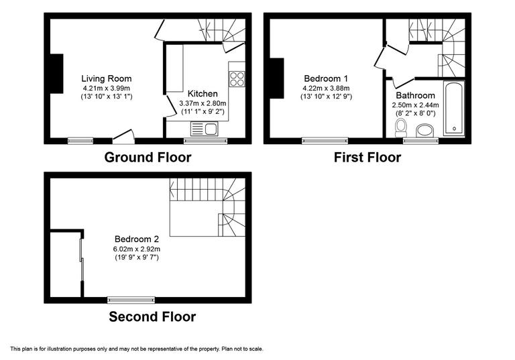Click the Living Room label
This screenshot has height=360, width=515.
(107, 78)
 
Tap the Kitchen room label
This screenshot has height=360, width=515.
(203, 93)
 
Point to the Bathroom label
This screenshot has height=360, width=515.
(414, 96)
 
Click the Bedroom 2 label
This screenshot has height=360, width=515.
(136, 239)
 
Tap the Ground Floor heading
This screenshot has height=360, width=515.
(148, 158)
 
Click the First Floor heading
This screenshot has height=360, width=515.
(367, 158)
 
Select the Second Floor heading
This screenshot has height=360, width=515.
(152, 316)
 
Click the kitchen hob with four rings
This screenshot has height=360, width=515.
(237, 78)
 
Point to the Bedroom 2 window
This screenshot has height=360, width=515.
(131, 300)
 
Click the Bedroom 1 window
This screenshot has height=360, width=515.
(325, 140)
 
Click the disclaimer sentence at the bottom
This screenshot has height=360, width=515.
(136, 349)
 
